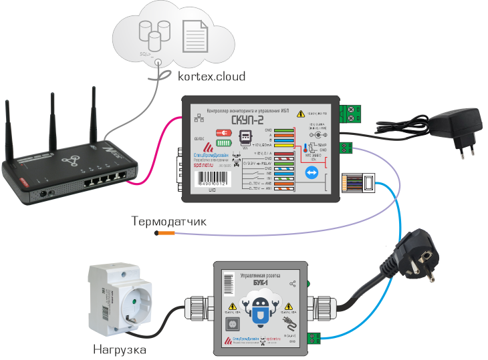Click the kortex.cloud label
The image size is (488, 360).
(211, 76)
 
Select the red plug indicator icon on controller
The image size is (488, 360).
(225, 134)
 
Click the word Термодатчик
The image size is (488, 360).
(169, 221)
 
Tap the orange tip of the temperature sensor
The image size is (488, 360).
(165, 234)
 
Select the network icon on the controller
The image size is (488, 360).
(198, 120)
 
